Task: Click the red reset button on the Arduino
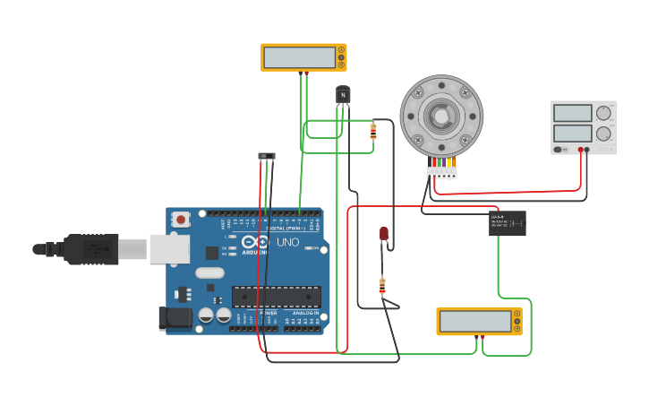(181, 219)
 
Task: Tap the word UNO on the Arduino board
(288, 242)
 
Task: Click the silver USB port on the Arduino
(169, 248)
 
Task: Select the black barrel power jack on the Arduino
(175, 316)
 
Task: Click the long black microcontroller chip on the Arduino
(277, 296)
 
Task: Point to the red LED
(384, 233)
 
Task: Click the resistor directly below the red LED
(382, 286)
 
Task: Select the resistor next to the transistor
(373, 132)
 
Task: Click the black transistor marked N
(343, 94)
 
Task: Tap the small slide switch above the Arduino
(267, 156)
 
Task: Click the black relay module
(508, 223)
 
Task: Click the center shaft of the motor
(441, 116)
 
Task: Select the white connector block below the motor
(441, 172)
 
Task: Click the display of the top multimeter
(299, 57)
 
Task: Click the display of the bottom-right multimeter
(474, 321)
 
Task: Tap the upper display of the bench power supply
(573, 113)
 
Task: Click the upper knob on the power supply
(604, 113)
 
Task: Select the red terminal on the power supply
(581, 150)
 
